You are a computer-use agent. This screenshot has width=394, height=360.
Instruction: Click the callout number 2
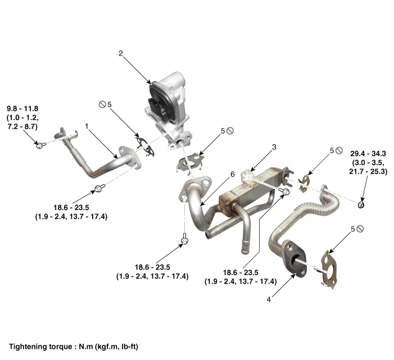pyautogui.click(x=120, y=53)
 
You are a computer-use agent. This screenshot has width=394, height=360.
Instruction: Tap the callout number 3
pyautogui.click(x=274, y=147)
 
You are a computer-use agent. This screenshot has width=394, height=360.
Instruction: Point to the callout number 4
pyautogui.click(x=269, y=300)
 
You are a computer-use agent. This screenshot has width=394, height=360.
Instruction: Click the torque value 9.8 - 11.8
pyautogui.click(x=23, y=108)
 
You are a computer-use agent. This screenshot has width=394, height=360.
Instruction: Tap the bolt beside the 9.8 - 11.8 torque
pyautogui.click(x=40, y=144)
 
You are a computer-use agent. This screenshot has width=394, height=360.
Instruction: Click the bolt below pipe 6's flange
pyautogui.click(x=184, y=241)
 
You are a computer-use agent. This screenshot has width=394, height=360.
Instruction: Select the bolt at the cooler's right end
pyautogui.click(x=284, y=192)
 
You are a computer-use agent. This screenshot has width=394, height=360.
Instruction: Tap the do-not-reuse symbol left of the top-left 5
pyautogui.click(x=103, y=104)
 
